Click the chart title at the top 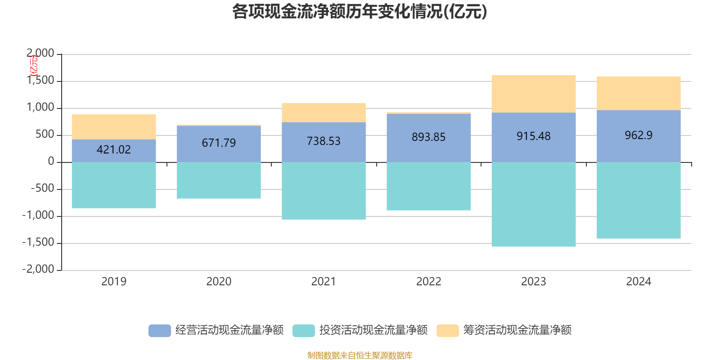click(x=360, y=12)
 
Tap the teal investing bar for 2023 click(x=533, y=204)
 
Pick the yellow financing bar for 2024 click(x=639, y=93)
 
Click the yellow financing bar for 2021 click(x=324, y=112)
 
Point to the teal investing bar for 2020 click(x=219, y=180)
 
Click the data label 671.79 click(x=219, y=143)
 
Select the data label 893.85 click(x=428, y=137)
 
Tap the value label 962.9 click(x=639, y=135)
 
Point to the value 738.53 click(x=324, y=141)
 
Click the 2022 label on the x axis click(x=428, y=282)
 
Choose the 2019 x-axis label click(x=114, y=282)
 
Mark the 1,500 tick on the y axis click(x=40, y=81)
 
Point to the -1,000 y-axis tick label click(x=38, y=216)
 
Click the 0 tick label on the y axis click(x=51, y=162)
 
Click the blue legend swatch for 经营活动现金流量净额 click(x=160, y=330)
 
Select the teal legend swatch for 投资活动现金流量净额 click(x=304, y=330)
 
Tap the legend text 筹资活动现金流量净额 click(x=517, y=330)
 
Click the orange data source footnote click(x=360, y=355)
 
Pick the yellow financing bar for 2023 click(x=533, y=94)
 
